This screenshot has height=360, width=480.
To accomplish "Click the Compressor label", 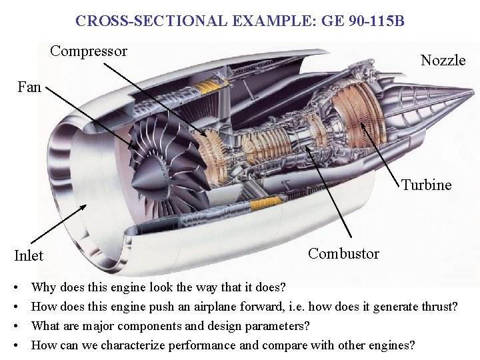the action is click(89, 51).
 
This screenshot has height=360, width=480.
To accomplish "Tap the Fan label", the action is click(29, 87).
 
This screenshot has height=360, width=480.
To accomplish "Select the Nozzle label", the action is click(443, 60).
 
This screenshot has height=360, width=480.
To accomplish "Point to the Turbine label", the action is click(426, 185).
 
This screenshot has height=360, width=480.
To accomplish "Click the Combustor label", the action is click(343, 253).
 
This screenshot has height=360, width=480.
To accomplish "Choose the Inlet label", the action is click(29, 255).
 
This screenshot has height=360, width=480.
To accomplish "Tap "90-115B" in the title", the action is click(375, 21).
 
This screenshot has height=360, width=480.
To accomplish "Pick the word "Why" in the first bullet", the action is click(43, 288).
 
